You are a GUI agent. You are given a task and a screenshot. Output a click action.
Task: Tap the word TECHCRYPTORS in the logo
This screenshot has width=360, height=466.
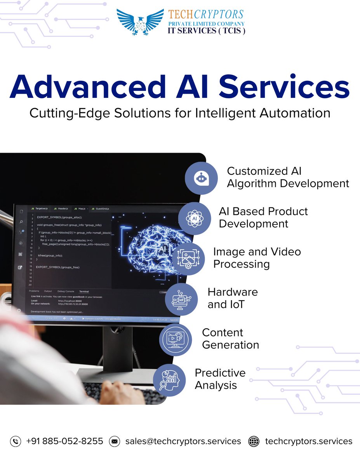pos(206,15)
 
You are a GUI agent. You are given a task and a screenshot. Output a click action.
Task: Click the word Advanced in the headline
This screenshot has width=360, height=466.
pos(84,88)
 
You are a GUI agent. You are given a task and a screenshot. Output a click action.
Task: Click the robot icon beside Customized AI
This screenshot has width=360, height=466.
pos(201,178)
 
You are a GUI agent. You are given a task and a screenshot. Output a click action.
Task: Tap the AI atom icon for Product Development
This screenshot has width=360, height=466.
pos(195,218)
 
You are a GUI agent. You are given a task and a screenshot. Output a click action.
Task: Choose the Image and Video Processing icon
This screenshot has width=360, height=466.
pos(188,259)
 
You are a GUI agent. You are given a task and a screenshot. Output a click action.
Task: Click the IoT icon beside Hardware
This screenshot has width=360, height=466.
pos(181,299)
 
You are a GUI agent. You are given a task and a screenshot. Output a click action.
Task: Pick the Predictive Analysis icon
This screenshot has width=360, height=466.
pos(169,380)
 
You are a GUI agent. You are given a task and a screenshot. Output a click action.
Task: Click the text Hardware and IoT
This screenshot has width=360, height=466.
pos(233,298)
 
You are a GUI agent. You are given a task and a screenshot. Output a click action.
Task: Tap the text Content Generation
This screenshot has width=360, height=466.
pos(230,339)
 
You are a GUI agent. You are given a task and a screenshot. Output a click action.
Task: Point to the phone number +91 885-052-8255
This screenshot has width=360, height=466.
pos(64,441)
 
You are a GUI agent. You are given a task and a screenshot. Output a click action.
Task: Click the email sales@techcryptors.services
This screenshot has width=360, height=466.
pos(183,441)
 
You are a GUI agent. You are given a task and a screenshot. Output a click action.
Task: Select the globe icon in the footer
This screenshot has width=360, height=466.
pos(254,441)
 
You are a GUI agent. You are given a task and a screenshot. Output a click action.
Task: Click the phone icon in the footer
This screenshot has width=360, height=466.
pos(16,441)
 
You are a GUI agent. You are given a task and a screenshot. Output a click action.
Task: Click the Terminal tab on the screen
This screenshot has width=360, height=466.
pos(84,291)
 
